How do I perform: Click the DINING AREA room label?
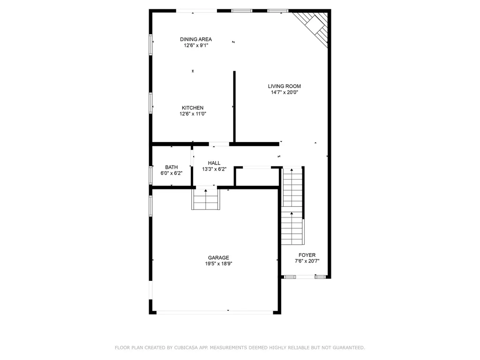(196, 39)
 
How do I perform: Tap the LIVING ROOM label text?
(284, 86)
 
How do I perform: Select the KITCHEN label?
(193, 108)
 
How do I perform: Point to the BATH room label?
(171, 167)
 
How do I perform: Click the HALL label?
(214, 163)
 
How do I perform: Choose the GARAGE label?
(218, 257)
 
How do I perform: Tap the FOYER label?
(307, 255)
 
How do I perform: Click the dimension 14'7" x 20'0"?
(284, 92)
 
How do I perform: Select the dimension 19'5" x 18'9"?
(218, 263)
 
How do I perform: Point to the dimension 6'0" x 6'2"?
(171, 173)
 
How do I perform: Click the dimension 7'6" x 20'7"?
(307, 261)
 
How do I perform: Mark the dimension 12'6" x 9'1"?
(196, 45)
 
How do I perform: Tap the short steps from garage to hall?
(206, 199)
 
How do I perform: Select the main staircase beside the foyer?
(292, 206)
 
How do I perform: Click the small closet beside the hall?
(257, 177)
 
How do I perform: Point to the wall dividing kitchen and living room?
(234, 105)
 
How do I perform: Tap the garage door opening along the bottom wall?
(215, 312)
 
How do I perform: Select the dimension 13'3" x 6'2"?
(214, 169)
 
